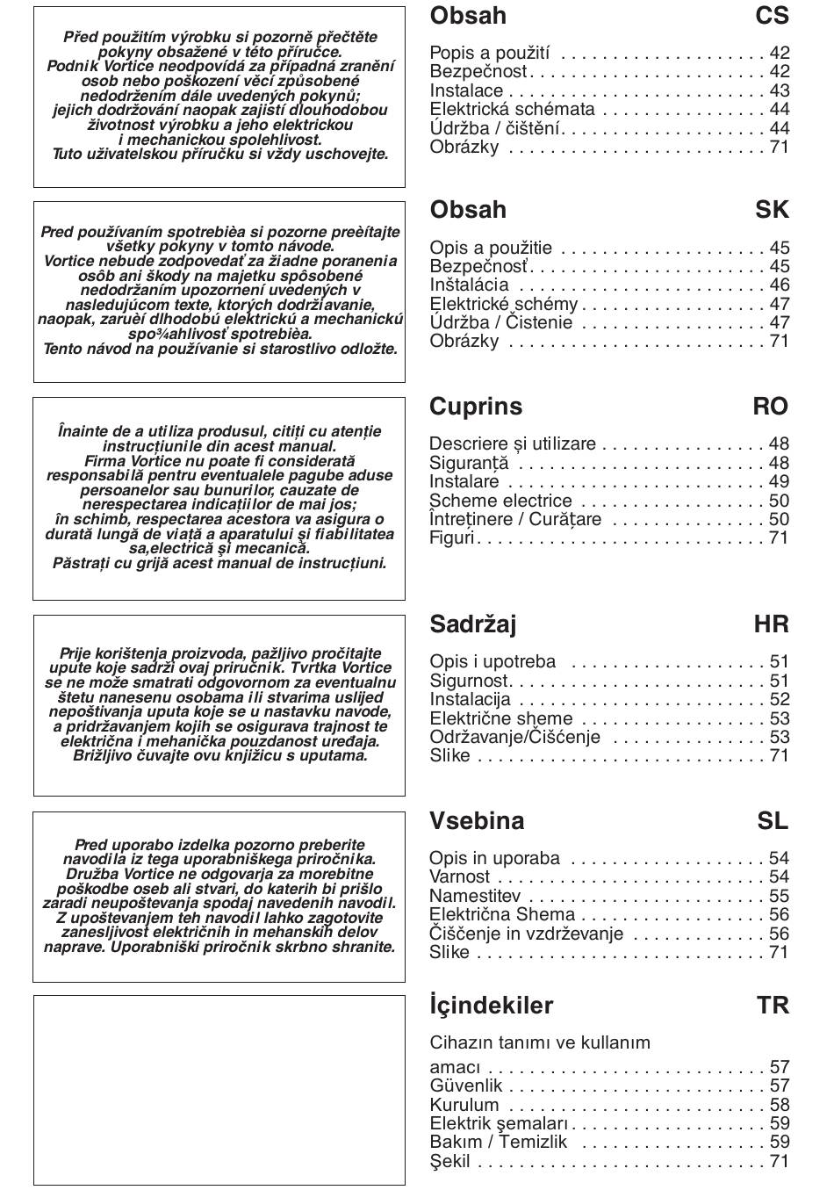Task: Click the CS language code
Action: (x=772, y=16)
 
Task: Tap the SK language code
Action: (x=772, y=210)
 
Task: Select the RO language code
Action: (x=770, y=407)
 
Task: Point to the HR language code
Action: (x=771, y=624)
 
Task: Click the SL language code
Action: (x=773, y=821)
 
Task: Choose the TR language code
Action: (x=773, y=1006)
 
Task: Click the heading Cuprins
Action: (x=475, y=407)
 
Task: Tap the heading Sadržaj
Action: (x=472, y=624)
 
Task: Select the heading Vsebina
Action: (x=477, y=821)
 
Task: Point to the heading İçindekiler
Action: (x=491, y=1006)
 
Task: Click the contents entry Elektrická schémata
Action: (x=512, y=110)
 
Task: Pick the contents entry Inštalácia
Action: (x=469, y=285)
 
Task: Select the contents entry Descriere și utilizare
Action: (x=513, y=444)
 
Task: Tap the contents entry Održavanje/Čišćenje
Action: (x=515, y=738)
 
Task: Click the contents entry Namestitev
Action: (x=475, y=897)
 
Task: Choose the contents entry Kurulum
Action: (x=464, y=1105)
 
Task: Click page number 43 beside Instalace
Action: (x=779, y=91)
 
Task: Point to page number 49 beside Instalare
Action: (x=779, y=482)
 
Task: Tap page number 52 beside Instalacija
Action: (x=779, y=700)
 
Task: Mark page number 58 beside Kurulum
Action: (x=779, y=1105)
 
